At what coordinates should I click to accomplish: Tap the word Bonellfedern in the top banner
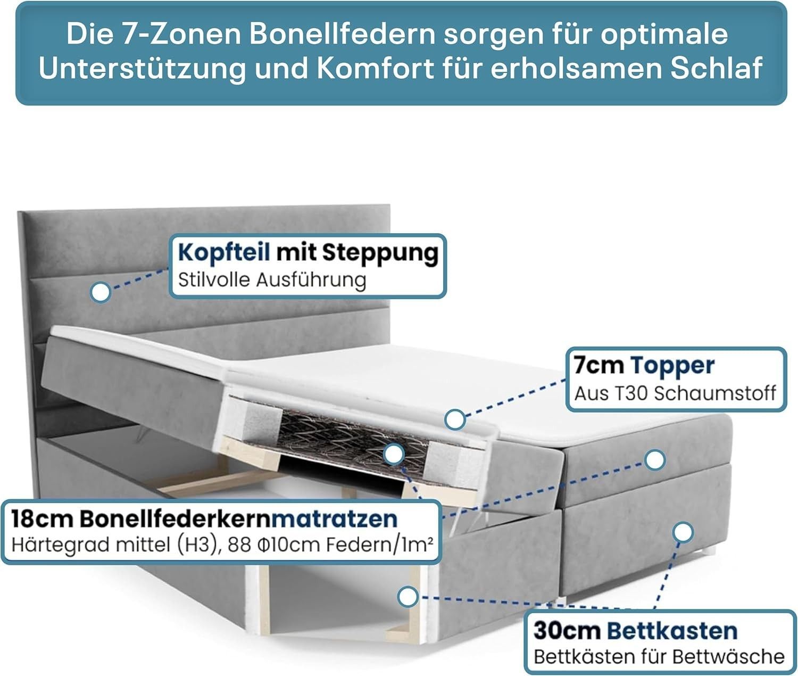click(x=342, y=34)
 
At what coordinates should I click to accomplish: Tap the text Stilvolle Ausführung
click(x=272, y=280)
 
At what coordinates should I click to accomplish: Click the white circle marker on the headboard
click(x=101, y=292)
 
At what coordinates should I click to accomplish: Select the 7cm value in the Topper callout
click(x=598, y=365)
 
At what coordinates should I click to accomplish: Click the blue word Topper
click(x=672, y=366)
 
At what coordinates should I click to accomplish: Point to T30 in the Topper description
click(x=632, y=394)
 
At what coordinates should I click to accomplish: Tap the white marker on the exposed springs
click(x=394, y=455)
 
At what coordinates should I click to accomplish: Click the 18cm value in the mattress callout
click(x=41, y=519)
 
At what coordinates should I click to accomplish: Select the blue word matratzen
click(x=335, y=519)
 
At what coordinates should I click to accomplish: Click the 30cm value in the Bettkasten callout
click(x=567, y=631)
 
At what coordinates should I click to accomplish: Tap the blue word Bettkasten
click(x=672, y=631)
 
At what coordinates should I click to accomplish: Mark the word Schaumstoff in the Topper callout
click(x=715, y=394)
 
